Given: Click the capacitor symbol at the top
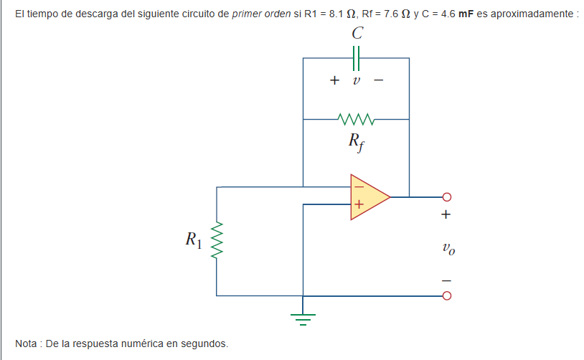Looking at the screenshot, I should (357, 57).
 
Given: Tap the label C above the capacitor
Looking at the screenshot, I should (357, 34).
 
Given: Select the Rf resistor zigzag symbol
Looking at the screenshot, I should (355, 118).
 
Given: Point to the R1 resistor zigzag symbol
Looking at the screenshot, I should (217, 241).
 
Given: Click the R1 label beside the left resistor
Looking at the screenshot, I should (193, 239).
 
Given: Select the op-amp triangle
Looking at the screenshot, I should (368, 196).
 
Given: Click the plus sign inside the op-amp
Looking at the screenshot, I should (358, 206).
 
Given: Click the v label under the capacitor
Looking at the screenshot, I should (356, 80).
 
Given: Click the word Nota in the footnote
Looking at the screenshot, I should (27, 344).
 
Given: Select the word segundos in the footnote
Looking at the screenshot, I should (206, 344).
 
